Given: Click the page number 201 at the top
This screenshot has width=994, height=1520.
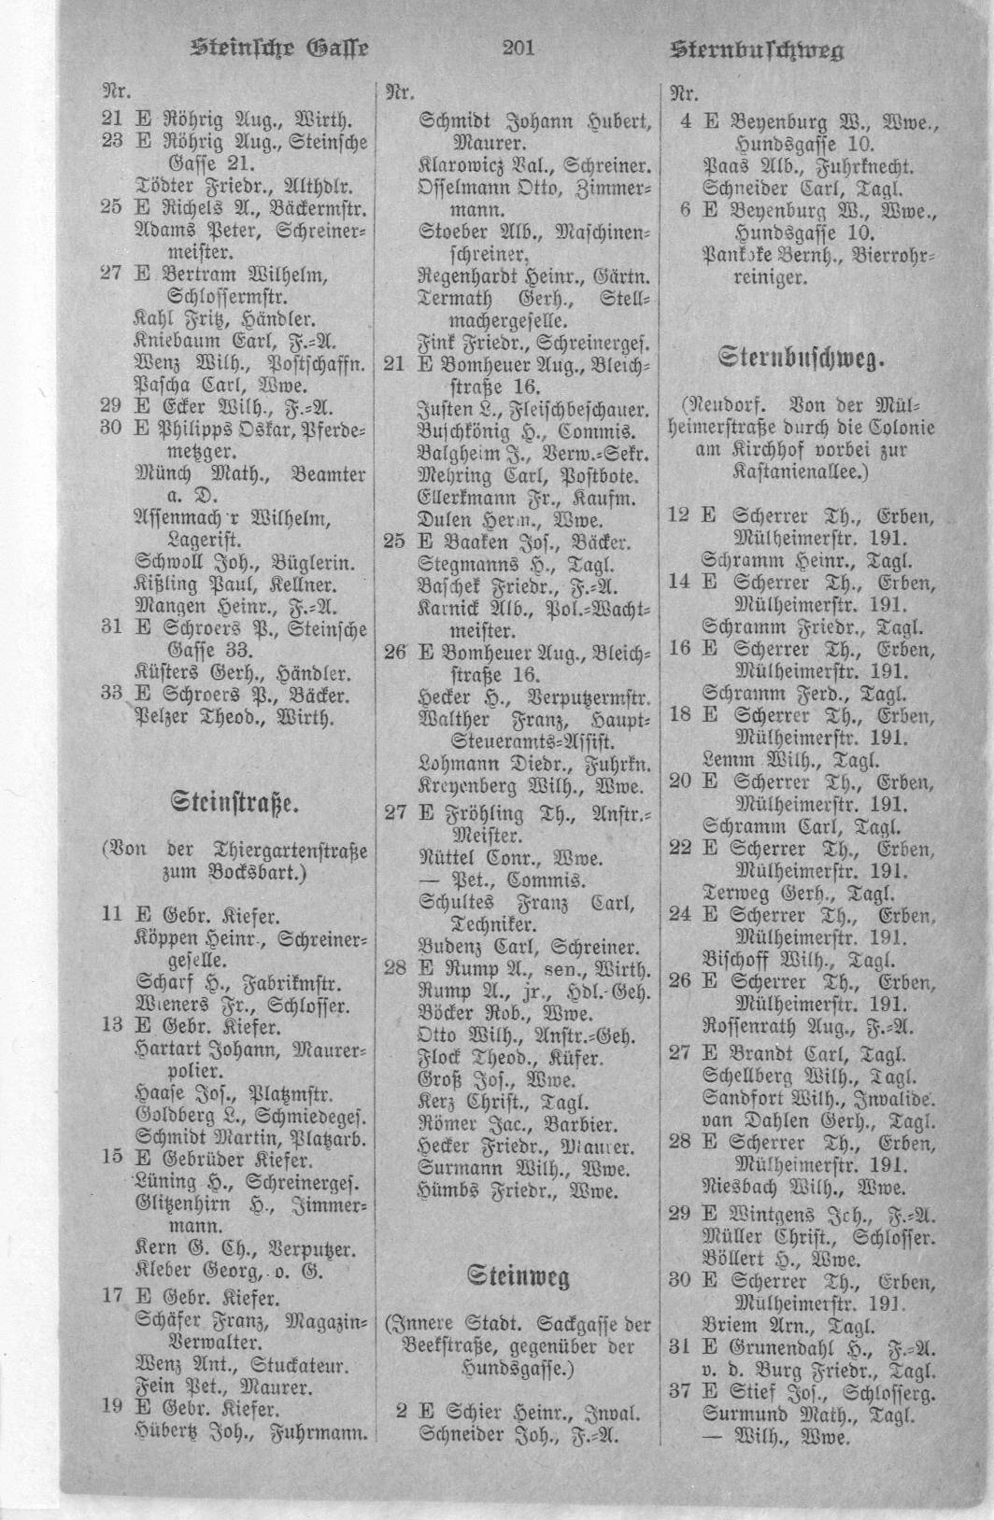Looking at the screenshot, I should [x=518, y=49].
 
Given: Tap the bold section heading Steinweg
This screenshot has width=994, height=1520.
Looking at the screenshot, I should [x=518, y=1276].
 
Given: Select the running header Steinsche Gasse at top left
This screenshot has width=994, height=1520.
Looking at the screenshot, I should [x=281, y=49].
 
